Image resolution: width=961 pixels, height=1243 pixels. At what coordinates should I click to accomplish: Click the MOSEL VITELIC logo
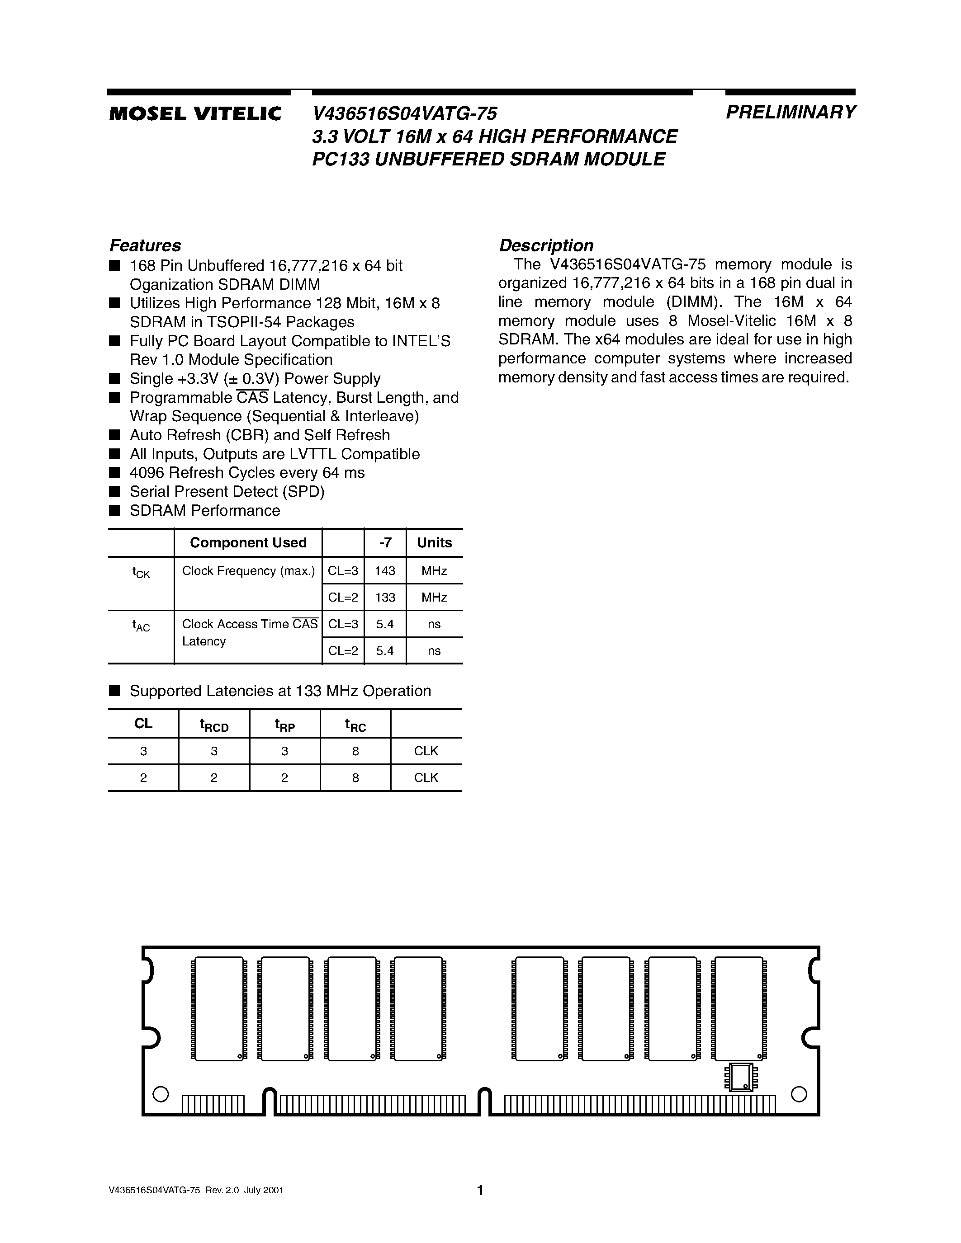click(x=195, y=114)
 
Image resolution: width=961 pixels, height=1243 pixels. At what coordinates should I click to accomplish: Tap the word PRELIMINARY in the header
click(x=790, y=112)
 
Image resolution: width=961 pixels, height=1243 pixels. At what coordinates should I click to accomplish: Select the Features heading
click(x=145, y=245)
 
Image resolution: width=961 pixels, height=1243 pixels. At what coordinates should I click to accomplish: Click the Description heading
click(x=546, y=245)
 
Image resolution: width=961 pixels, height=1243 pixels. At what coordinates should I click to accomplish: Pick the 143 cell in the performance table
click(x=385, y=571)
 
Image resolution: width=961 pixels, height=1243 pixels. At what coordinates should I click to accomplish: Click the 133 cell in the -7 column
click(x=385, y=598)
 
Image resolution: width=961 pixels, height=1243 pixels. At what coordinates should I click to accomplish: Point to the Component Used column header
click(x=248, y=543)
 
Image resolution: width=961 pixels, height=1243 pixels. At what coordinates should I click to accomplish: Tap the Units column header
click(x=435, y=543)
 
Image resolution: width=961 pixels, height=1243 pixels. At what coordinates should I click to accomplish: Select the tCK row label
click(x=141, y=573)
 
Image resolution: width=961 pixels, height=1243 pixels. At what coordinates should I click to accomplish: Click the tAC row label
click(x=141, y=626)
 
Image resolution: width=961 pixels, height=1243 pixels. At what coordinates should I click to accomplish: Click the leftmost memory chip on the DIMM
click(x=218, y=1009)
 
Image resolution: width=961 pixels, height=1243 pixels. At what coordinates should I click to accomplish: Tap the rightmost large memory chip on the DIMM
click(x=739, y=1009)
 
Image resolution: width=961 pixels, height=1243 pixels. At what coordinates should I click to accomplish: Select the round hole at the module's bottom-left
click(x=161, y=1094)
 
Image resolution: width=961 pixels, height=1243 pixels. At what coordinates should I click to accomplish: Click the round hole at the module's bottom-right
click(x=799, y=1094)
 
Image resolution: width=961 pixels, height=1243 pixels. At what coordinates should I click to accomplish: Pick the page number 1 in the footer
click(x=480, y=1191)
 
